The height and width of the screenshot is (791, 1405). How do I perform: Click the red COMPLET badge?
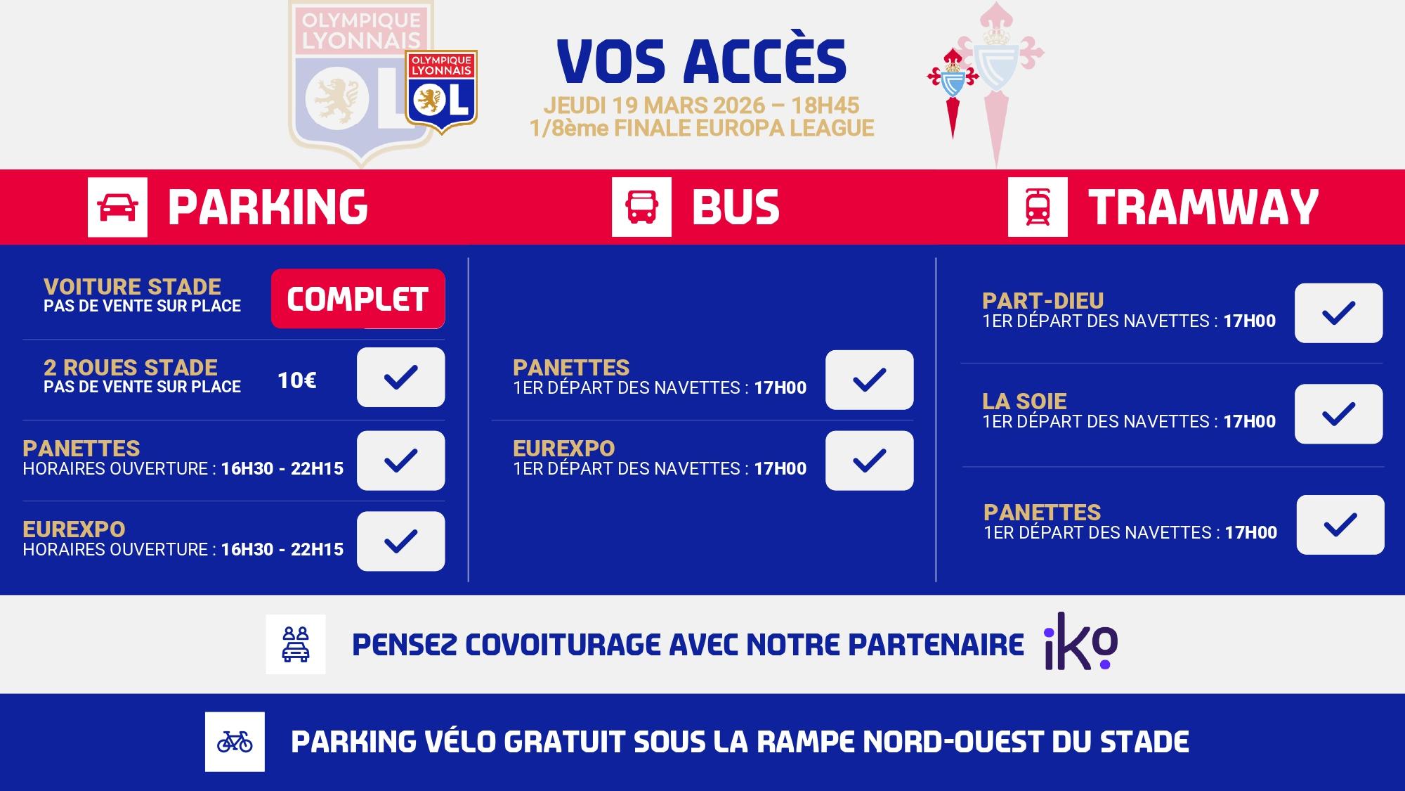point(358,299)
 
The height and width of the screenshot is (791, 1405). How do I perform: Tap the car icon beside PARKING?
point(117,207)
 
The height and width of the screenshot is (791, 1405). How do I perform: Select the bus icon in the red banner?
point(641,207)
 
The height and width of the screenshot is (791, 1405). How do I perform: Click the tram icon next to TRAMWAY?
point(1038,207)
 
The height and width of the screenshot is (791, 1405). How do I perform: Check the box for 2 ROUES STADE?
point(401,378)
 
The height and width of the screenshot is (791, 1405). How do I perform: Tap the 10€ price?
point(296,380)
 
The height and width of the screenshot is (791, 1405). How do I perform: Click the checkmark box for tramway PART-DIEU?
point(1339,313)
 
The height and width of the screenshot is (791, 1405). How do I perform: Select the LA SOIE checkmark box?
point(1339,413)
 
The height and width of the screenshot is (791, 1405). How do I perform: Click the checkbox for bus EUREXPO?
point(870,461)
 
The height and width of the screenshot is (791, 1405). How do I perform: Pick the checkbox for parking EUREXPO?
point(401,541)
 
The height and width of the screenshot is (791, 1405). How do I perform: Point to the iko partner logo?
point(1080,641)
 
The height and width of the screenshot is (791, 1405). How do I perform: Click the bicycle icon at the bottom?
point(235,742)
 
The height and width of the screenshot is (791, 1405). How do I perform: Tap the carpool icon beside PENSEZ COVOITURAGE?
point(296,644)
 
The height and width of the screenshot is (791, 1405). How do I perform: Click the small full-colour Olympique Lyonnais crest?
point(442,92)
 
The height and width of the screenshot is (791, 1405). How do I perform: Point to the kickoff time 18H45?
point(825,105)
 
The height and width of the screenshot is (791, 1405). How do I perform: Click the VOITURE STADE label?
point(132,287)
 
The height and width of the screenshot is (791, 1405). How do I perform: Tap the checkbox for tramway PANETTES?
point(1340,525)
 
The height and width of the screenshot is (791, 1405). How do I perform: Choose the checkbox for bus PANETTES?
point(870,380)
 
